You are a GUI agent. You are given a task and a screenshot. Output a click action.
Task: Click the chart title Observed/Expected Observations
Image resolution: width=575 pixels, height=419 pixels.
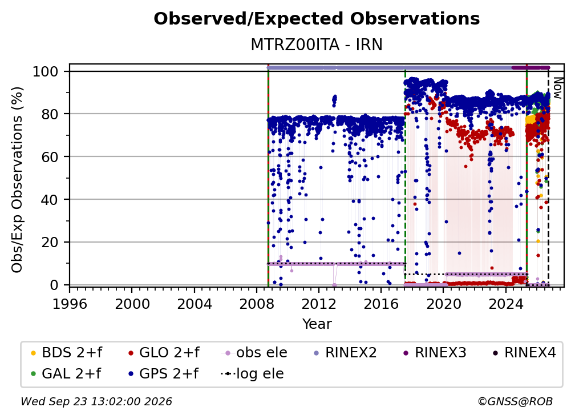[317, 19]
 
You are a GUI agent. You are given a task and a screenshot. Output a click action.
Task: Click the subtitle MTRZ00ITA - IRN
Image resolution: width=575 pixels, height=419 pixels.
[317, 45]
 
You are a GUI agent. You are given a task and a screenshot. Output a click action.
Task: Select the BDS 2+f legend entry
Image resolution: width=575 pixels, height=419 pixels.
[66, 353]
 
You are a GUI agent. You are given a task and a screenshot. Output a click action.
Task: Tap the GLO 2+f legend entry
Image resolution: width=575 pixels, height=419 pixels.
[164, 353]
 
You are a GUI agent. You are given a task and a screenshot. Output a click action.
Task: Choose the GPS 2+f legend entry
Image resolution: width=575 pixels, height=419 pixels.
[163, 374]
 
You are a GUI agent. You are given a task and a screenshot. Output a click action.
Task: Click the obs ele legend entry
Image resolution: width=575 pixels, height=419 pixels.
[254, 353]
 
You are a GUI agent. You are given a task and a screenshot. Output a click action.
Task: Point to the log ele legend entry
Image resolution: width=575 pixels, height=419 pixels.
[252, 374]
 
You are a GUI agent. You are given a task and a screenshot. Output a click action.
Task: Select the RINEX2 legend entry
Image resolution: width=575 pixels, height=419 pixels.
[345, 353]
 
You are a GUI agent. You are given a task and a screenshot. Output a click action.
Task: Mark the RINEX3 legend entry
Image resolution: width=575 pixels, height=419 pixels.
[435, 353]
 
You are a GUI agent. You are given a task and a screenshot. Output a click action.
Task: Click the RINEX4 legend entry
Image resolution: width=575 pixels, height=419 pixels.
[524, 353]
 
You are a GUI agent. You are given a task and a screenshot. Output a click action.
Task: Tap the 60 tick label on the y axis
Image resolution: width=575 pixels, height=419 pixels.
[50, 156]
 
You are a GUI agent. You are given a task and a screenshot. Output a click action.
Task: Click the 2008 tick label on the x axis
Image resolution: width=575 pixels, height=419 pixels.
[257, 304]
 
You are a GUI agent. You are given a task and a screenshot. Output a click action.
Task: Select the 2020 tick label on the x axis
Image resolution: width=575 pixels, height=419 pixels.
[444, 304]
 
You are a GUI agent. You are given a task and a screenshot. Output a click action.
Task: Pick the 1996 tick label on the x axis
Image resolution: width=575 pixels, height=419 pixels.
[70, 304]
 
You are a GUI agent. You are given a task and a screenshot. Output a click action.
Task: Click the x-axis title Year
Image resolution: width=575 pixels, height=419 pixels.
[317, 324]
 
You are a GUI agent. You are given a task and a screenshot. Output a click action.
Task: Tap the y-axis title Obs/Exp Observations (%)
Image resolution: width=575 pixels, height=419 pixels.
[17, 180]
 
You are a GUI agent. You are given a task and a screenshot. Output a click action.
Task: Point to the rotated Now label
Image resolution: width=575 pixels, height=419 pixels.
[557, 88]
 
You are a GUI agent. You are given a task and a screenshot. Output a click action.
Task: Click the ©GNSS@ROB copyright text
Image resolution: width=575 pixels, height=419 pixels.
[515, 401]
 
